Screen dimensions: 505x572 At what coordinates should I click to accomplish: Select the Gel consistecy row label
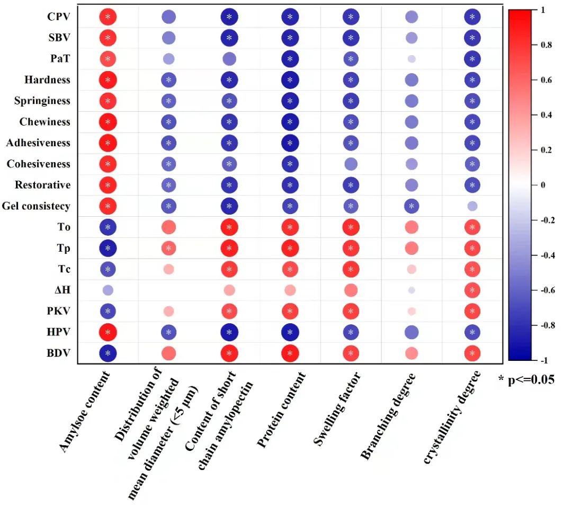tap(35, 206)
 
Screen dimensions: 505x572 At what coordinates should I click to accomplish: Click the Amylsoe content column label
tap(85, 412)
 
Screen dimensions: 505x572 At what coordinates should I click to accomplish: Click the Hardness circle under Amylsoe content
tap(108, 80)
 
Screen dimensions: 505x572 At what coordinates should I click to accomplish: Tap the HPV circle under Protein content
tap(290, 332)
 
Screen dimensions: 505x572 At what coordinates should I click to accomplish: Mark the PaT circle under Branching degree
tap(412, 59)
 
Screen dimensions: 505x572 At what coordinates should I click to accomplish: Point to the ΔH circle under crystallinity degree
tap(472, 290)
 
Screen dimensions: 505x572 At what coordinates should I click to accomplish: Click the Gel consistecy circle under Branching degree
tap(412, 206)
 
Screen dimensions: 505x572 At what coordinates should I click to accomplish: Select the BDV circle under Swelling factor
tap(351, 353)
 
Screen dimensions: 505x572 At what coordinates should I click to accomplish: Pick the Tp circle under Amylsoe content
tap(108, 248)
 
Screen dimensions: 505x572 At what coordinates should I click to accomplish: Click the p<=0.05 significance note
tap(526, 379)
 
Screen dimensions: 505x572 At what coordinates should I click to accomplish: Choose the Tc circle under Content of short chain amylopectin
tap(229, 269)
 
